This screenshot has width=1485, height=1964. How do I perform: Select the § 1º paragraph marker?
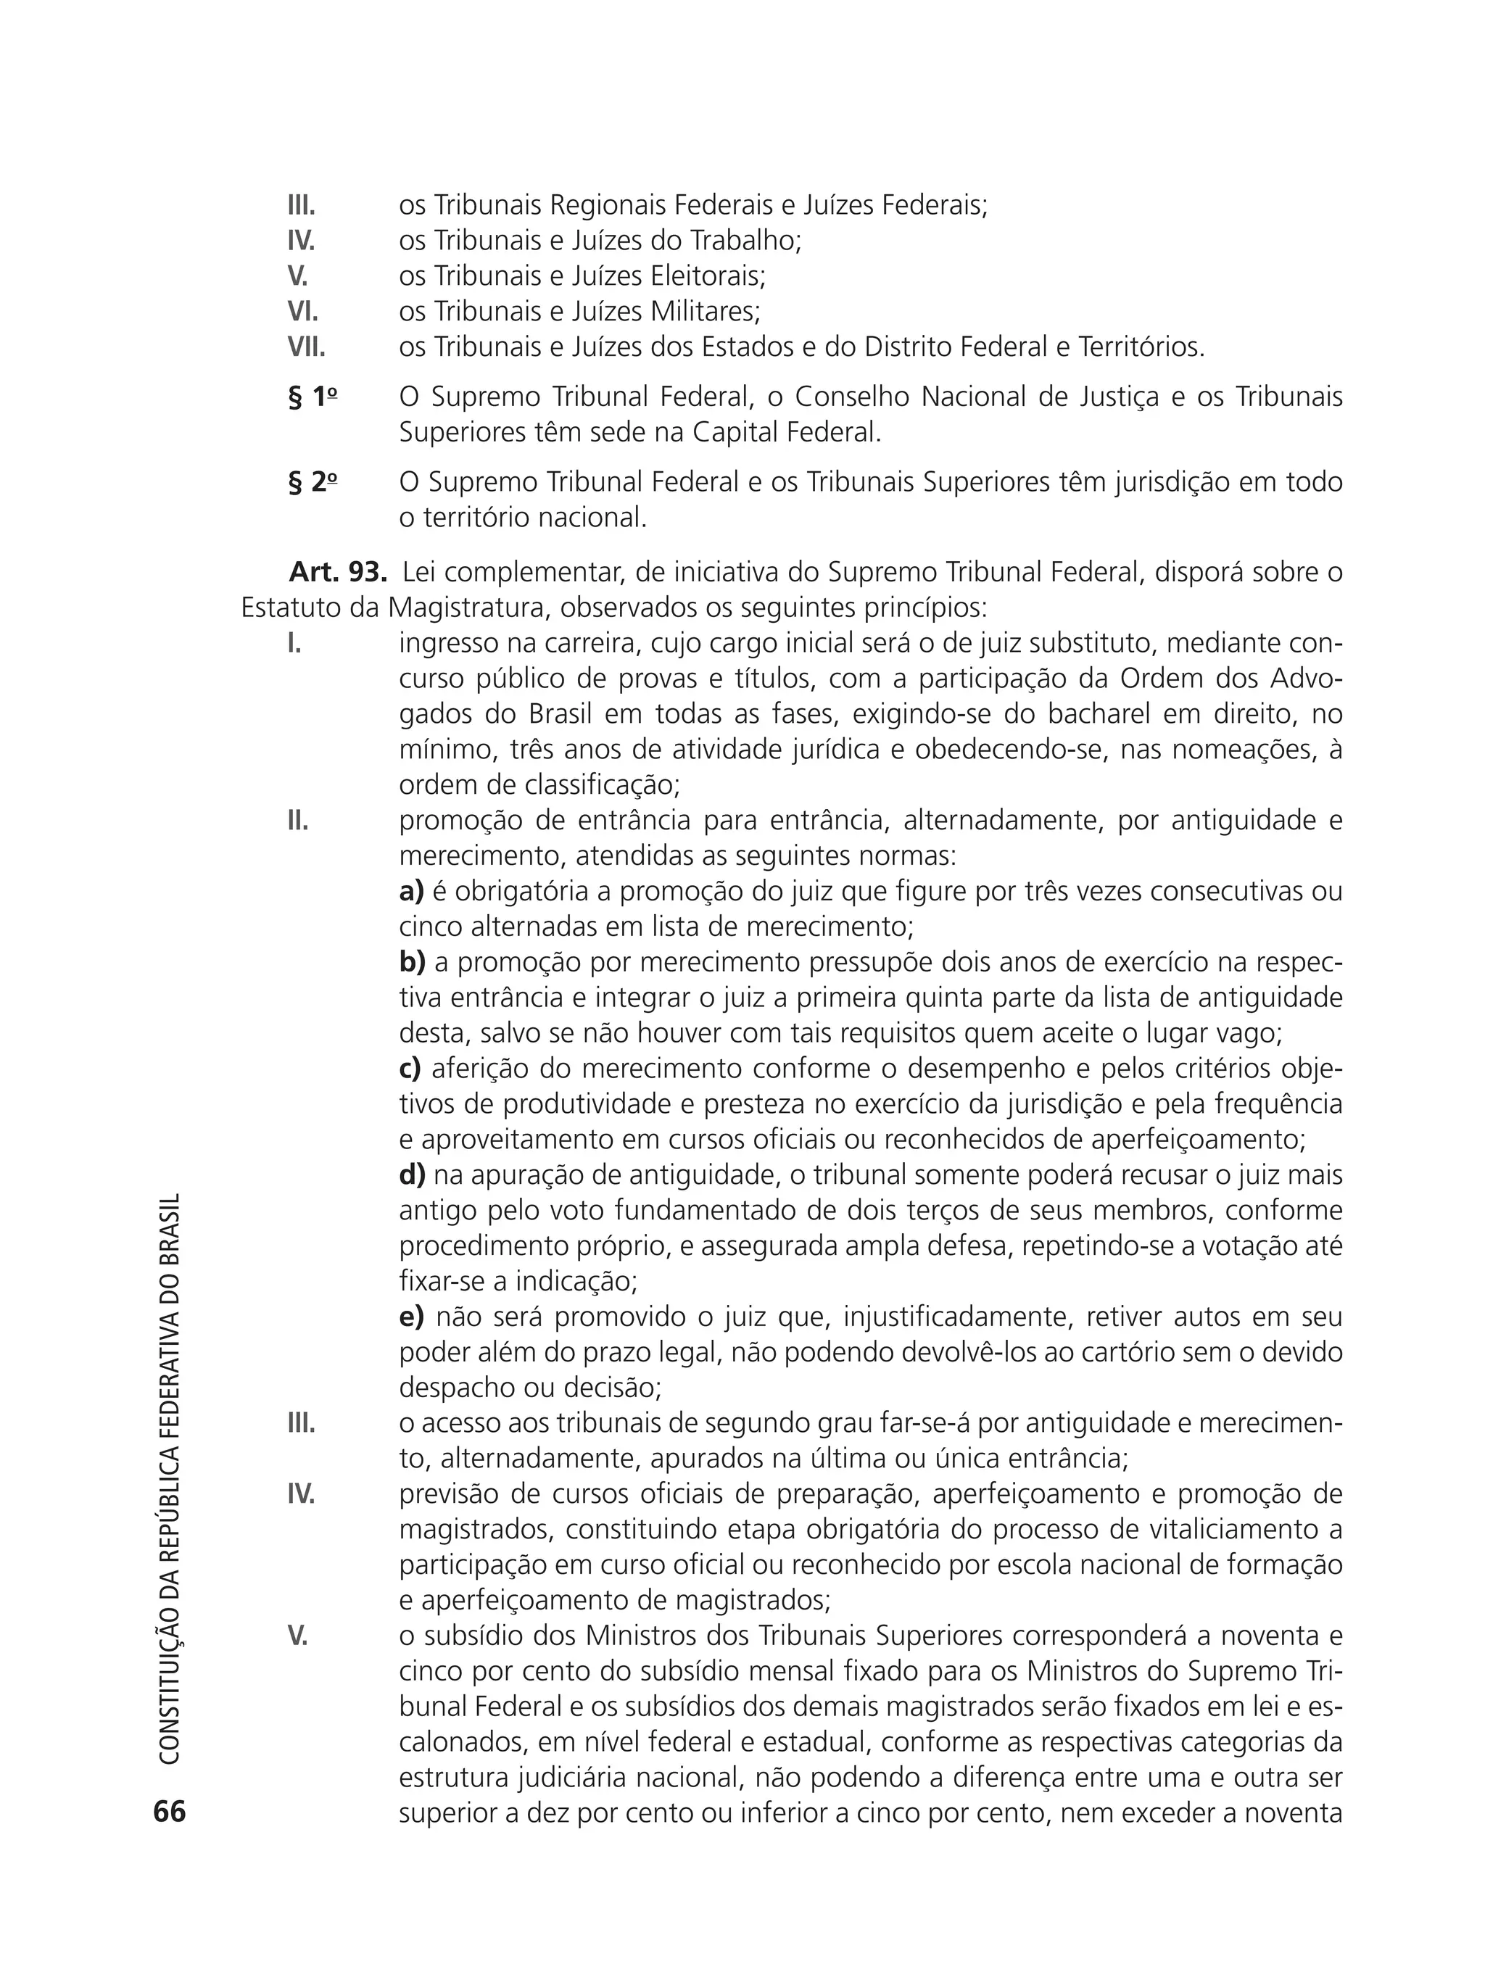[x=313, y=398]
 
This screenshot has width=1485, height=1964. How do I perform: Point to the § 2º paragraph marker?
[x=313, y=483]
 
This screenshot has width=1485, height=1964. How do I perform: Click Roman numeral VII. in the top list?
[x=307, y=347]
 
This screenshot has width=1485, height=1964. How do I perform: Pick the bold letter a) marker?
[x=411, y=892]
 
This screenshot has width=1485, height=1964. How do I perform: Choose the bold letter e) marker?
[x=412, y=1317]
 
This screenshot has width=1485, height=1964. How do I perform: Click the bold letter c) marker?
[x=410, y=1069]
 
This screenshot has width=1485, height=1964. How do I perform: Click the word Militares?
[x=706, y=312]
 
